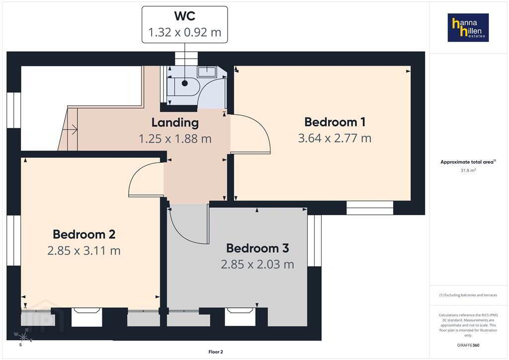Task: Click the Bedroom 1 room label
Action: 335,122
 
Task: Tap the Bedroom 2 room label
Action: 84,234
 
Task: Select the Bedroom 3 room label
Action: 257,248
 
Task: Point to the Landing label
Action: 175,123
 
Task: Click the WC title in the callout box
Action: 185,16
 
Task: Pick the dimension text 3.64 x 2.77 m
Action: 335,138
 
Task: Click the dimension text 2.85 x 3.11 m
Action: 84,251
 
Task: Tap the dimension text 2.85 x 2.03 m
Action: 257,264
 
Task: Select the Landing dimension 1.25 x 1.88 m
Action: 175,139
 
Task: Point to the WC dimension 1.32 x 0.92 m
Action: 185,32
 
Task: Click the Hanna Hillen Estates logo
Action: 468,27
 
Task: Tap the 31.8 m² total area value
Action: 468,171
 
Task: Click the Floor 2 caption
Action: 216,352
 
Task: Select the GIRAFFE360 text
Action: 468,345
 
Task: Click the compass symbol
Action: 23,338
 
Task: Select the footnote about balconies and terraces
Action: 468,295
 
